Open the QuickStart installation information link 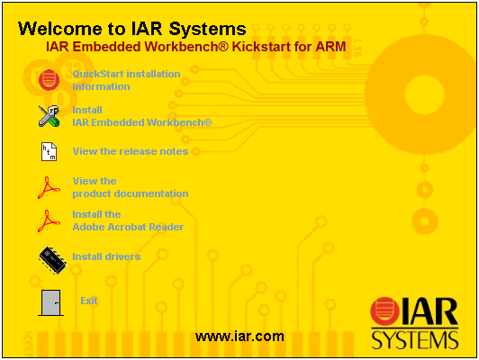126,80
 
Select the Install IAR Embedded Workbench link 141,115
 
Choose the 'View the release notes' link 130,151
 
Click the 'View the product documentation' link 130,187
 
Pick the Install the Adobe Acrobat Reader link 127,220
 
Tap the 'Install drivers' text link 106,257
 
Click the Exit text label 88,301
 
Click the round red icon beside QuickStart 50,79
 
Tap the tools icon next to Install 50,115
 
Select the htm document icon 50,151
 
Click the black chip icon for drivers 51,258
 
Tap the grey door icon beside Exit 50,302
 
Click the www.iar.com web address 239,337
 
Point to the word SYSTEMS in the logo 414,339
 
